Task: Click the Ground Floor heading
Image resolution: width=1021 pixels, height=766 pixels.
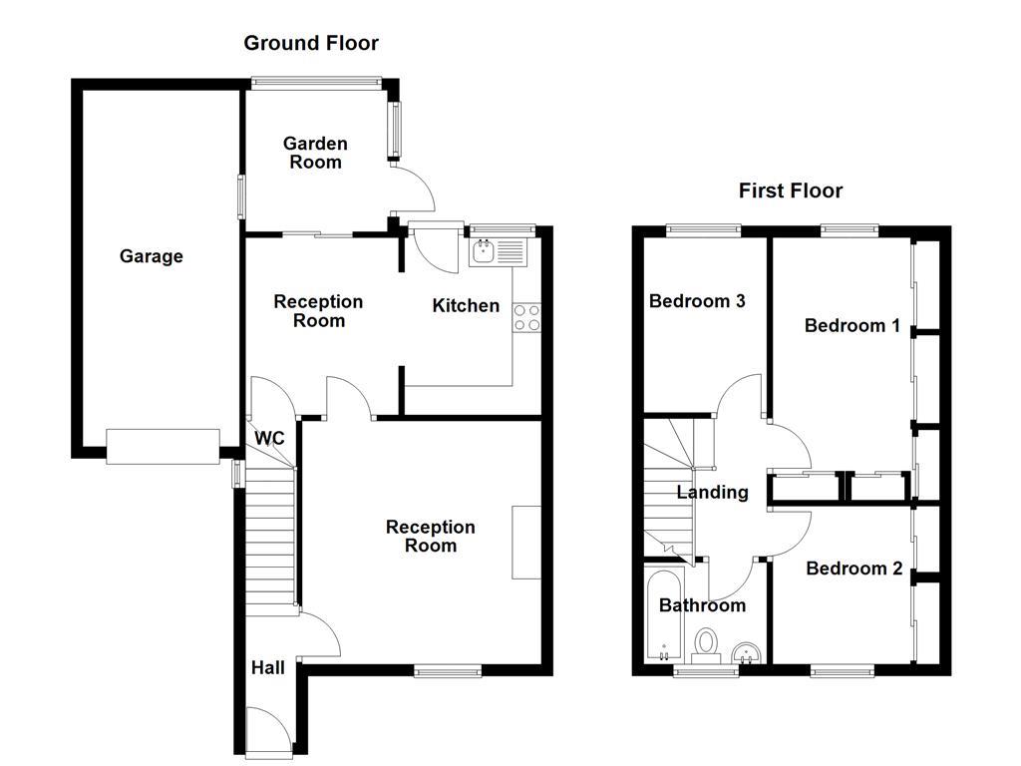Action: click(311, 43)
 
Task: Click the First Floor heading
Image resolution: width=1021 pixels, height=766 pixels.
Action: click(790, 191)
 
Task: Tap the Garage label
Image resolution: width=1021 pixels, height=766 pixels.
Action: click(152, 256)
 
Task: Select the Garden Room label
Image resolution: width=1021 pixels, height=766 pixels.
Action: click(315, 153)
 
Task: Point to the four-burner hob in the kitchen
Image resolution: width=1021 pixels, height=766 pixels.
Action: click(526, 317)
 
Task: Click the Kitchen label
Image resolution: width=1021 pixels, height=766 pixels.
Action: click(466, 305)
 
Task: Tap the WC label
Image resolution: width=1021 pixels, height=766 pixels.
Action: click(270, 438)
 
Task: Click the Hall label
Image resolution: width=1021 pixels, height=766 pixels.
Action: click(267, 667)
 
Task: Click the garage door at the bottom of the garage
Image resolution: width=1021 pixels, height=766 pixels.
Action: click(163, 446)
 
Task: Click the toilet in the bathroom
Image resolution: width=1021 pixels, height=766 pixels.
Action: click(707, 644)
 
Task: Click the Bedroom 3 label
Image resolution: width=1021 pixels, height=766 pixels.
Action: click(697, 301)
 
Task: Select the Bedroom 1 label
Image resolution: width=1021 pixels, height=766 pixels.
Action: click(852, 325)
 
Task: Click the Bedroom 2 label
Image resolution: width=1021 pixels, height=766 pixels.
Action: click(854, 569)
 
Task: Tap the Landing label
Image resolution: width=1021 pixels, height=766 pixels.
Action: click(712, 492)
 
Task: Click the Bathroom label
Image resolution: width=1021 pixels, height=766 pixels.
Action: click(702, 605)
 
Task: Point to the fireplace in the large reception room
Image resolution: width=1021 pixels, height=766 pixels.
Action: click(526, 542)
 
